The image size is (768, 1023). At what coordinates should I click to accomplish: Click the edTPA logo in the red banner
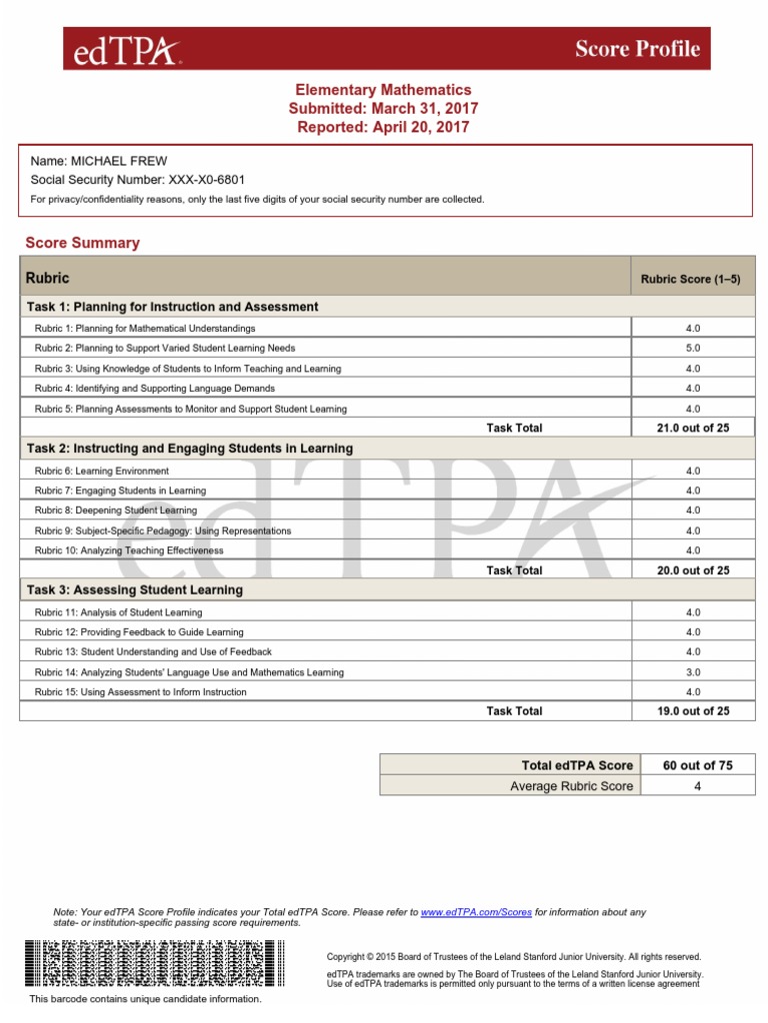[x=122, y=49]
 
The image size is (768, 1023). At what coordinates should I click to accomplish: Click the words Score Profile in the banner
[x=637, y=49]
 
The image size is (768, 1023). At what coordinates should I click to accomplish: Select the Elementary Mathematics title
[x=383, y=90]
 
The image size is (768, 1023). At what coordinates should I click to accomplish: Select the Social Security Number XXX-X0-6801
[x=194, y=180]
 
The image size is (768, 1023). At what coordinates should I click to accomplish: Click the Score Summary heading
[x=82, y=243]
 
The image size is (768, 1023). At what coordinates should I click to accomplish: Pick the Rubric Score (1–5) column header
[x=690, y=280]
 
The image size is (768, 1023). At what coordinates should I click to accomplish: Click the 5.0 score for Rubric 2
[x=693, y=349]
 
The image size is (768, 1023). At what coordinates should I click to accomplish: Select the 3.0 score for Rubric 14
[x=693, y=672]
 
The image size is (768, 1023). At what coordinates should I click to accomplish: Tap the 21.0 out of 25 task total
[x=693, y=428]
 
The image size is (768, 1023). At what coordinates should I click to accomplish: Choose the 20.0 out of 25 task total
[x=693, y=570]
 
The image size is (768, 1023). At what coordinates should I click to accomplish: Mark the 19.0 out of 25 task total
[x=693, y=711]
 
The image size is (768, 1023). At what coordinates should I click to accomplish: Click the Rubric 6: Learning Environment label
[x=101, y=471]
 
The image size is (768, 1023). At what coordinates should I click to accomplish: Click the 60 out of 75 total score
[x=697, y=765]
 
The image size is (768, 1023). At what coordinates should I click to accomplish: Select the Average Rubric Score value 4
[x=697, y=786]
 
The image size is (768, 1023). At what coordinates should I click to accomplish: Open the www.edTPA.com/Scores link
[x=476, y=912]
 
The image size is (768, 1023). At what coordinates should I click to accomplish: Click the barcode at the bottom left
[x=146, y=964]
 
